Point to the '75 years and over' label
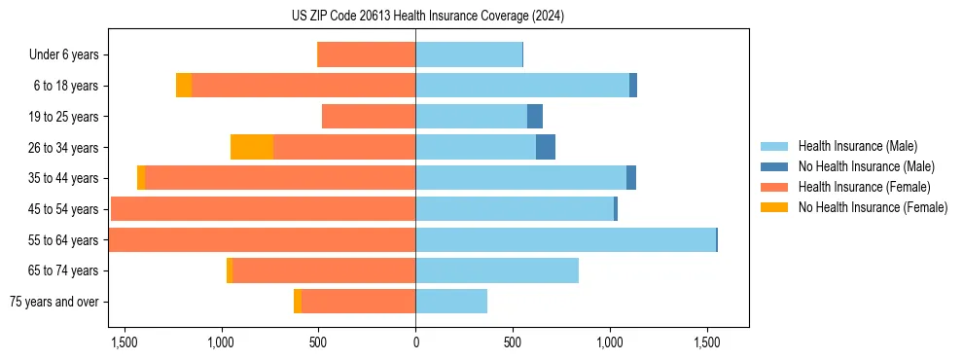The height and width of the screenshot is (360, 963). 54,302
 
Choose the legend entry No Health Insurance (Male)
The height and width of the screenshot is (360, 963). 866,166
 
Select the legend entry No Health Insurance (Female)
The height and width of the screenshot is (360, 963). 873,207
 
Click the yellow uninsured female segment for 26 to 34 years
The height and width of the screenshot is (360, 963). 252,147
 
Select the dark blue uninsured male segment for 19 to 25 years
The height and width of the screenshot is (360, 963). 535,117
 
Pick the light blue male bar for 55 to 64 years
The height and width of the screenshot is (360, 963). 565,240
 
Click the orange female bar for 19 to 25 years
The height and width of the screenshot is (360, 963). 369,117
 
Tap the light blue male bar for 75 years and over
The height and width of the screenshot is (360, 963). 451,302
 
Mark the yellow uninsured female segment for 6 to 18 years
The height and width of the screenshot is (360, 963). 184,86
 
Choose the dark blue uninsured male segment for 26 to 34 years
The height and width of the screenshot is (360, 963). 546,147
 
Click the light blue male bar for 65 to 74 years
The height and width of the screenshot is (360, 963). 497,270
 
